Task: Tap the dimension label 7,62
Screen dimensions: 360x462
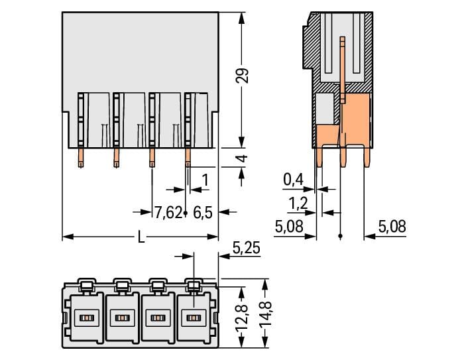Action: click(168, 213)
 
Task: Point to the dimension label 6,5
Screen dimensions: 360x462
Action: click(202, 213)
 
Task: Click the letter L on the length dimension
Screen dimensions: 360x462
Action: click(141, 237)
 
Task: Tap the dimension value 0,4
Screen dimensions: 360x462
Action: click(293, 179)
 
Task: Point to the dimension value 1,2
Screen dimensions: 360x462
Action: click(298, 202)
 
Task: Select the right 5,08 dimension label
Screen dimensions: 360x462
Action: click(392, 227)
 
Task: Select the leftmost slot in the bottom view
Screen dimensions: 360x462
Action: click(85, 318)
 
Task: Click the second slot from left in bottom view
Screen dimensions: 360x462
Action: click(121, 318)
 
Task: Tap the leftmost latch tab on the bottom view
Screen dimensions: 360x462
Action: click(86, 285)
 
